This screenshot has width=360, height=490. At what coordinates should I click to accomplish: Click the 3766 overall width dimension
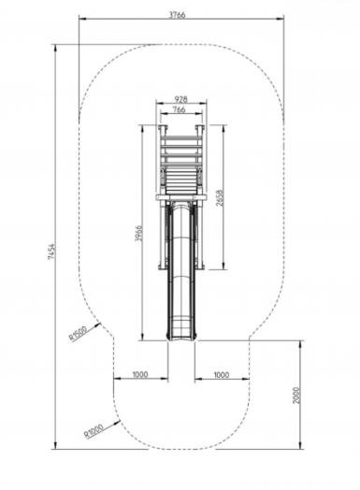(x=177, y=15)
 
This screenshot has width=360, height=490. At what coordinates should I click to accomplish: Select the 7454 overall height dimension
(x=51, y=252)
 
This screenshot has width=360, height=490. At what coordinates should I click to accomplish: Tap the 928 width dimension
(x=181, y=99)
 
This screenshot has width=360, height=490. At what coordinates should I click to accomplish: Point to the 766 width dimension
(x=179, y=109)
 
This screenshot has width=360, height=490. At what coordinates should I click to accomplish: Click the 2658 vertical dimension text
(x=221, y=197)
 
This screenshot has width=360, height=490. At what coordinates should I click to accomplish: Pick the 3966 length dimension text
(x=138, y=233)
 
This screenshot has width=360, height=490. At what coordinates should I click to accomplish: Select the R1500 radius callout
(x=78, y=334)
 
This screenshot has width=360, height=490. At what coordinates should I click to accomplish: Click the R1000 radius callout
(x=94, y=431)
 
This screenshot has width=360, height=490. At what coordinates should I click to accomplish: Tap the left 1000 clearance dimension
(x=140, y=374)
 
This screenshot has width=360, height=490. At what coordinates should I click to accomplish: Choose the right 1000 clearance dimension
(x=222, y=375)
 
